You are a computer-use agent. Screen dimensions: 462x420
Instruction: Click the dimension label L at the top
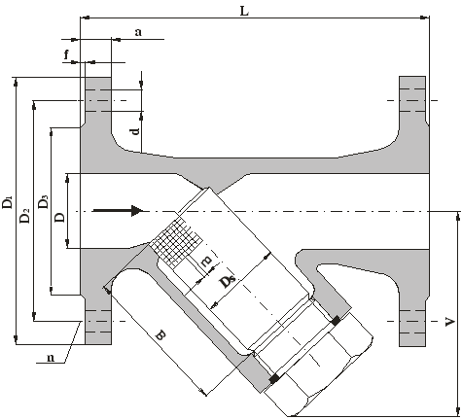[244, 11]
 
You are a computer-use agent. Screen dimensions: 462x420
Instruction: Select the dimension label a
[138, 32]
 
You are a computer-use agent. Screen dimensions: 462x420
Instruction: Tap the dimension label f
[66, 54]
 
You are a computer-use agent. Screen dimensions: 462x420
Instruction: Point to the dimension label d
[136, 130]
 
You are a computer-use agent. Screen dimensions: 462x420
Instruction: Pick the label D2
[25, 215]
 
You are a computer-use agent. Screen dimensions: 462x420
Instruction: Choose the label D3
[43, 201]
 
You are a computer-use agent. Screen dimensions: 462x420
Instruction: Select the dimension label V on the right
[449, 322]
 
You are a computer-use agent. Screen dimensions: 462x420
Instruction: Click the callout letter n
[51, 358]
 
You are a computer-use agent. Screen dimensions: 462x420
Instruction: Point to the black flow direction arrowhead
[137, 211]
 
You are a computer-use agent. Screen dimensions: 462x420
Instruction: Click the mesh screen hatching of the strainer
[177, 241]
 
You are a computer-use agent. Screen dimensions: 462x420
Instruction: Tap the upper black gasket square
[336, 321]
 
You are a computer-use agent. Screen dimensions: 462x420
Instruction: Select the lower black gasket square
[274, 378]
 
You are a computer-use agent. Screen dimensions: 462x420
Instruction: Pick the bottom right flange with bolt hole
[412, 325]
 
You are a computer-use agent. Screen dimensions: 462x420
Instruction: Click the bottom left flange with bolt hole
[98, 324]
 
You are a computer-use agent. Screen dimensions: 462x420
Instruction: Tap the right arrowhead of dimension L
[425, 17]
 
